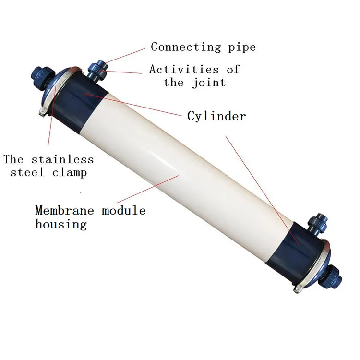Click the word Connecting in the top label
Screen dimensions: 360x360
[186, 48]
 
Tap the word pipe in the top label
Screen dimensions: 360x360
[242, 48]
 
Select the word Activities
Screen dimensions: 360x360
[184, 69]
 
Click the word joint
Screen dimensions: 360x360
[209, 83]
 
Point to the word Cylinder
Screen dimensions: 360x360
[216, 116]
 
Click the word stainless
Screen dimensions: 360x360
[62, 159]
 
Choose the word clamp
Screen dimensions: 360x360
[70, 173]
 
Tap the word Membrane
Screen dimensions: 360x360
[64, 210]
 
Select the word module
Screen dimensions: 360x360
[123, 210]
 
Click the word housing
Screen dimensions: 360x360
[61, 224]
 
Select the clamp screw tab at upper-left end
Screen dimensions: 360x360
[43, 112]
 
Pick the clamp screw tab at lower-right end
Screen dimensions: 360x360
[298, 289]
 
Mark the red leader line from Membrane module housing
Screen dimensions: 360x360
[148, 189]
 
